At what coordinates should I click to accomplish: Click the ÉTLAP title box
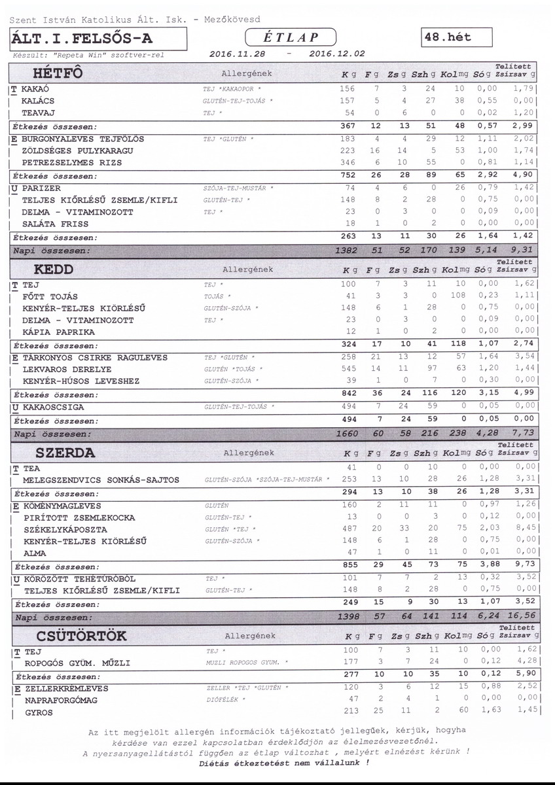[x=291, y=38]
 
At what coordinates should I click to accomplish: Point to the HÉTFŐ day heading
[x=58, y=72]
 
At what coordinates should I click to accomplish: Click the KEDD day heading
[x=54, y=269]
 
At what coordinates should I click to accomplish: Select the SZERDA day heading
[x=65, y=452]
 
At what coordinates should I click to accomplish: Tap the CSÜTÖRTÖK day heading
[x=82, y=635]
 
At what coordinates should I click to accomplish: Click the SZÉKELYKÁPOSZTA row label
[x=64, y=529]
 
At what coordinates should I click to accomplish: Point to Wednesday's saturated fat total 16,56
[x=521, y=617]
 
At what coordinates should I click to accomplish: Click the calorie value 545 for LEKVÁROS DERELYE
[x=349, y=370]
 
